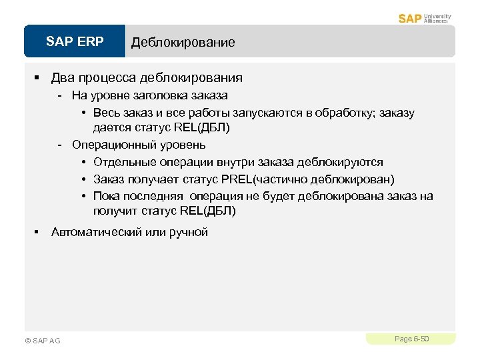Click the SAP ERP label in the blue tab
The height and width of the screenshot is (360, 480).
pos(75,42)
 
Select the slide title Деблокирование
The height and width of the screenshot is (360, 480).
pos(183,43)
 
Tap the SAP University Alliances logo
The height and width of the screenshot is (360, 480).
pos(425,18)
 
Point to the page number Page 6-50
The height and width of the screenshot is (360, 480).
pos(411,339)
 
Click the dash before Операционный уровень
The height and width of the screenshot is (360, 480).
pos(61,145)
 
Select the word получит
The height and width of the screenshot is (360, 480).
pos(115,211)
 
